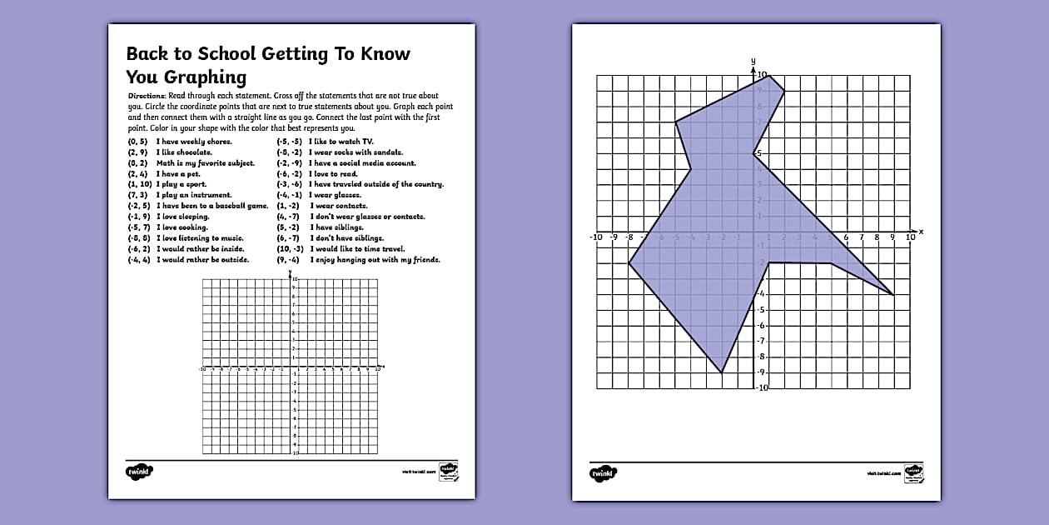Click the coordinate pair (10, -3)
[291, 249]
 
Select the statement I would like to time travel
[357, 249]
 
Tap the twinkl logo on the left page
[140, 472]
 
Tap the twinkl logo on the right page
[603, 472]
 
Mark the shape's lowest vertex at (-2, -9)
[722, 372]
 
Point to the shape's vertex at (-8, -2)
[629, 264]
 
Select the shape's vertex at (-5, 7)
[675, 122]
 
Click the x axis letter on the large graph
[921, 230]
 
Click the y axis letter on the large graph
[753, 61]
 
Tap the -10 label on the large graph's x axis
[595, 237]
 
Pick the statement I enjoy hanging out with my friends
[375, 260]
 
